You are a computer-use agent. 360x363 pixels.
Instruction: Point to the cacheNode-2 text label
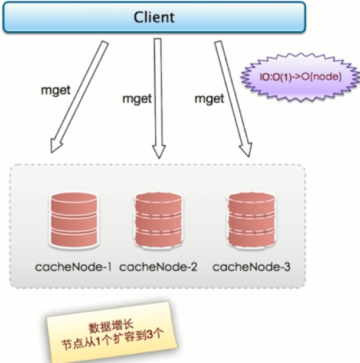(158, 267)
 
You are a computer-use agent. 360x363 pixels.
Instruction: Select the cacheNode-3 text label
(251, 267)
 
